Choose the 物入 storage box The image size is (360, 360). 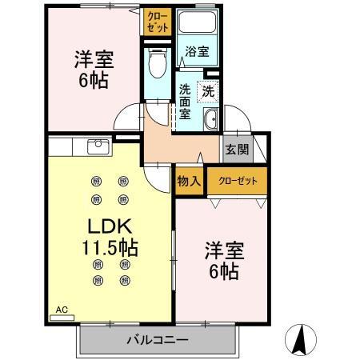pyautogui.click(x=189, y=181)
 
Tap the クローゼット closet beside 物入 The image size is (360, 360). pyautogui.click(x=238, y=181)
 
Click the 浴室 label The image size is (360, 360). pyautogui.click(x=197, y=52)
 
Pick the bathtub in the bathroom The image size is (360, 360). pyautogui.click(x=198, y=24)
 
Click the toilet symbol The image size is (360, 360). pyautogui.click(x=157, y=61)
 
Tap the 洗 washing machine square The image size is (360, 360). pyautogui.click(x=208, y=92)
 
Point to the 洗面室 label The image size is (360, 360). pyautogui.click(x=185, y=101)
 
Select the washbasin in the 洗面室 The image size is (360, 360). pyautogui.click(x=211, y=120)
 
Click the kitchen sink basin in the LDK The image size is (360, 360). pyautogui.click(x=98, y=146)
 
